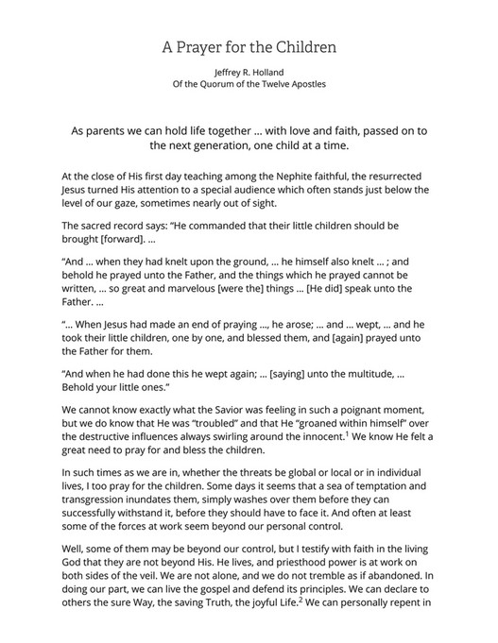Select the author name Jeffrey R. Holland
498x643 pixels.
pos(249,72)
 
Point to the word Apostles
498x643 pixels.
pos(304,84)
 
